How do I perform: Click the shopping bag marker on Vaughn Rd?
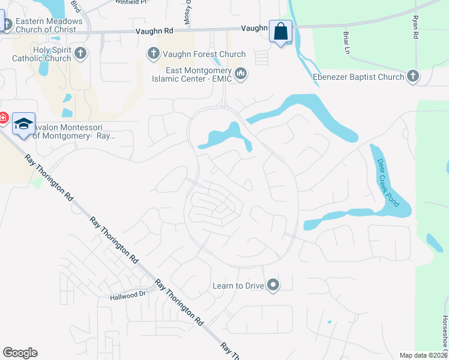pos(281,32)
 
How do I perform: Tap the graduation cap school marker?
pos(23,124)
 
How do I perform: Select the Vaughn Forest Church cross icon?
pos(153,54)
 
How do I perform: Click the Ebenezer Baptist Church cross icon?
pos(412,77)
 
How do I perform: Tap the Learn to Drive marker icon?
pos(273,285)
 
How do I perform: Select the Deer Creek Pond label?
pos(388,182)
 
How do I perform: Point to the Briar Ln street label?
pos(346,43)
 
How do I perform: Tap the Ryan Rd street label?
pos(415,28)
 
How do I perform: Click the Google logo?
pos(20,353)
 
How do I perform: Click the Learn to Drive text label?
pos(238,286)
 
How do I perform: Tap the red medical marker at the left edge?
pos(2,118)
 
